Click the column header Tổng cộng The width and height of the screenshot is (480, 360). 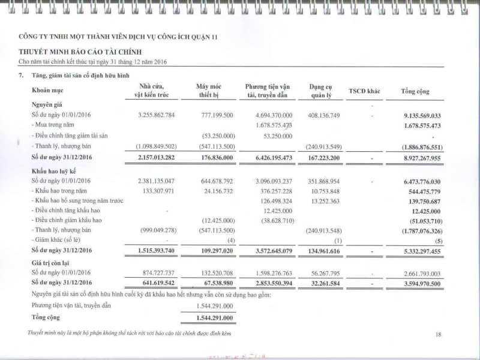(415, 91)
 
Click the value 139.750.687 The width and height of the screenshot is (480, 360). (421, 201)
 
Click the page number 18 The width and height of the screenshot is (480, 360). (439, 334)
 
